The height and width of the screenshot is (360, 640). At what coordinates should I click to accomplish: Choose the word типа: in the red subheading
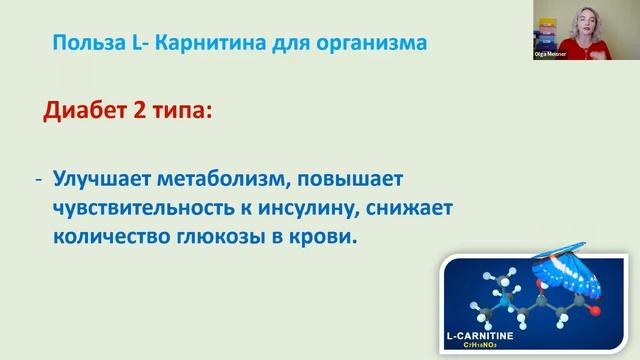(186, 110)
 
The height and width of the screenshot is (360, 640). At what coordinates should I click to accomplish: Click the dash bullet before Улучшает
(39, 178)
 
